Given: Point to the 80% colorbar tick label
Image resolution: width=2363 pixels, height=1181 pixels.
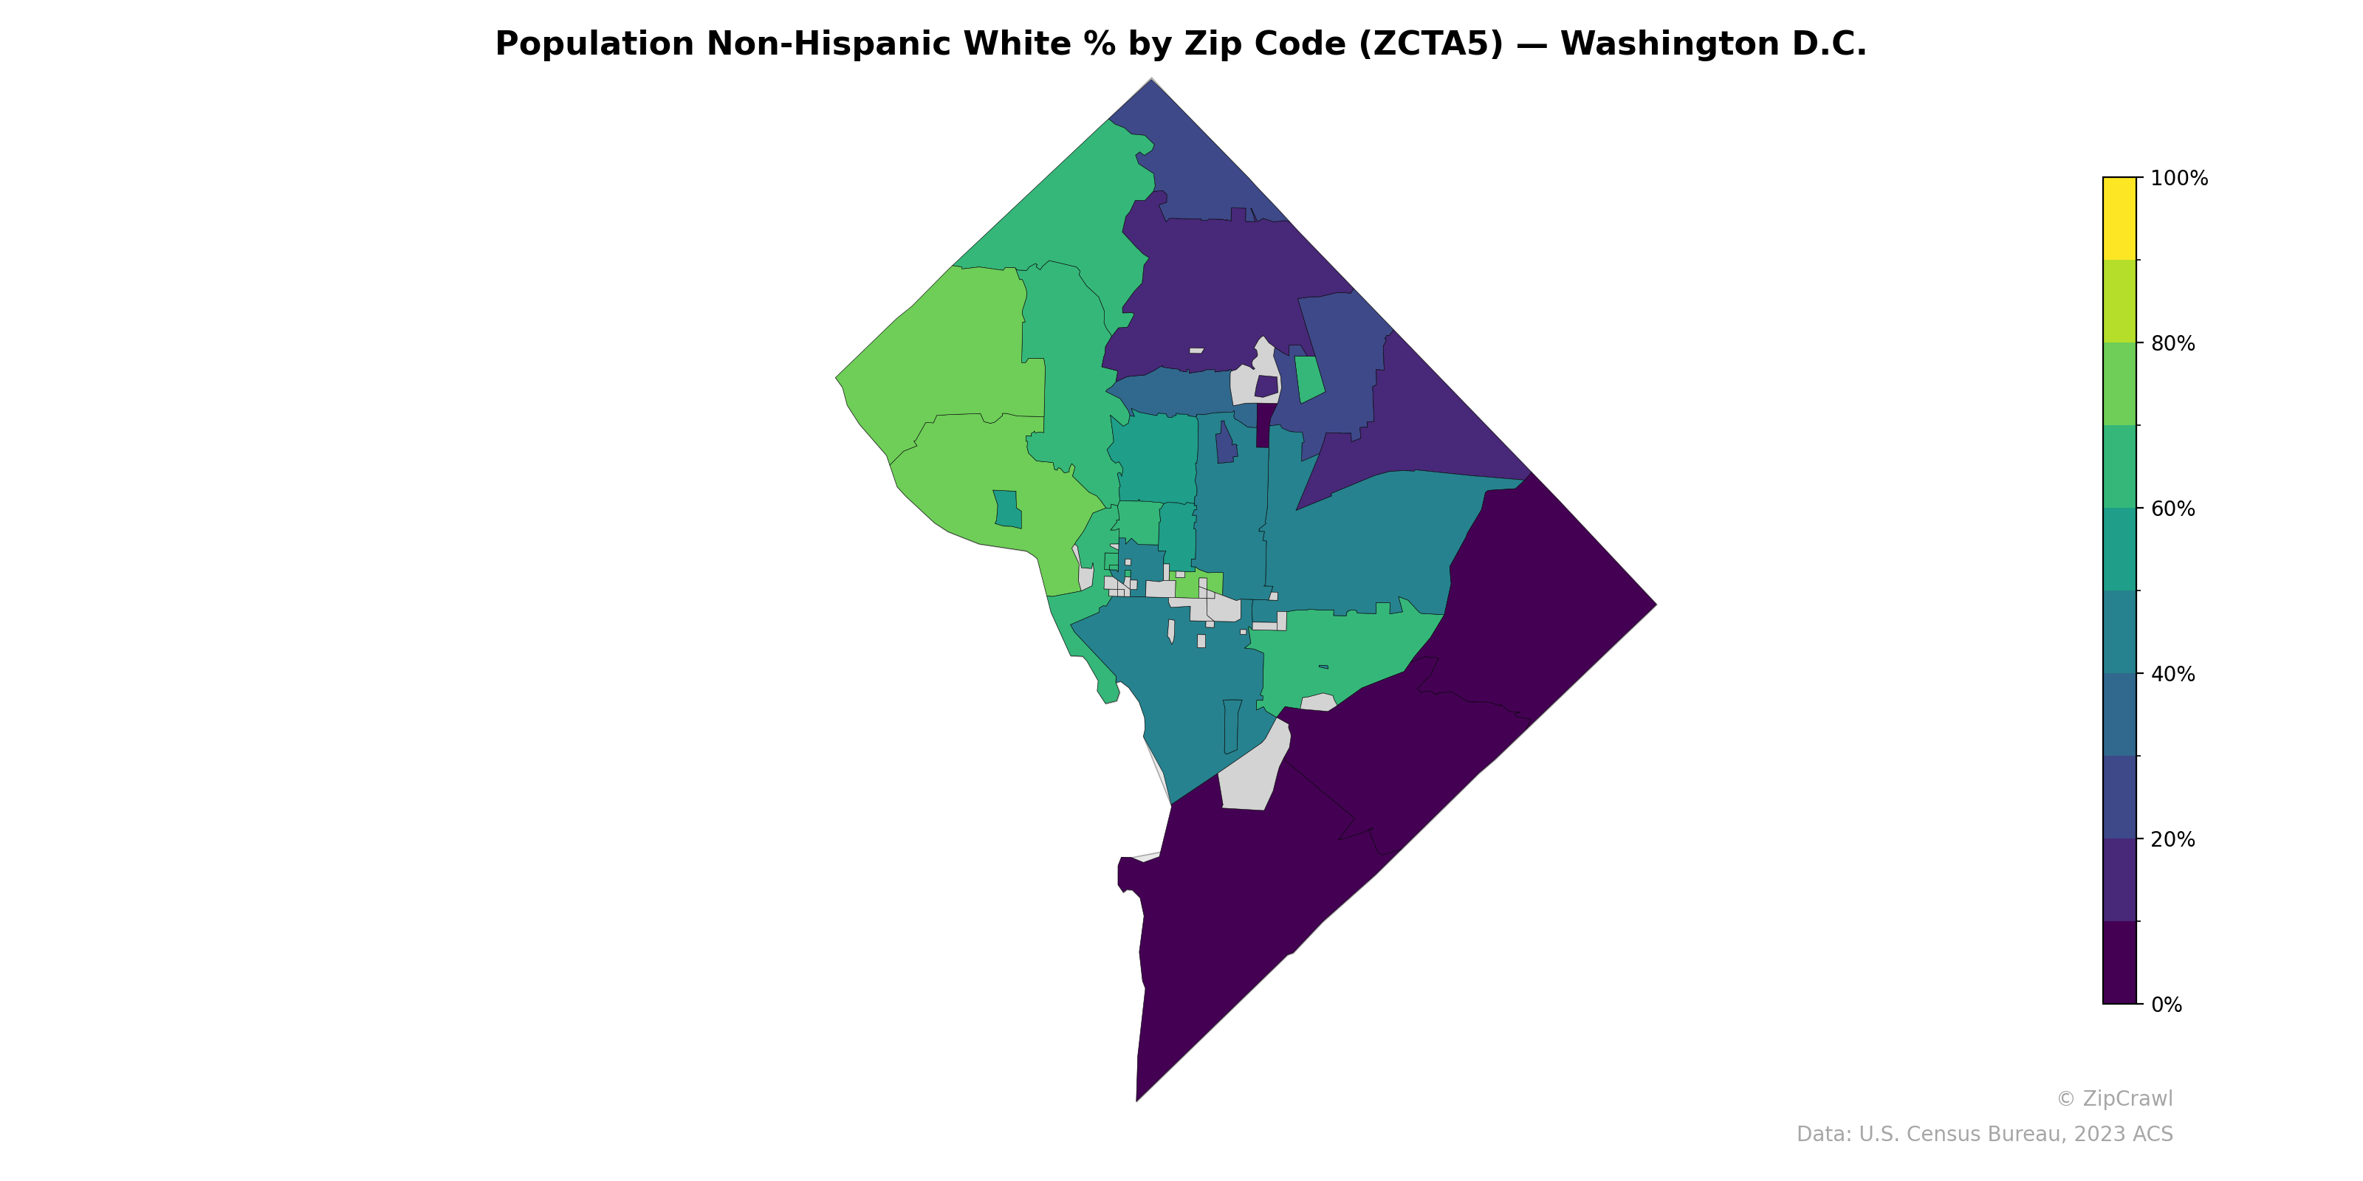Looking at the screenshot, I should pyautogui.click(x=2173, y=344).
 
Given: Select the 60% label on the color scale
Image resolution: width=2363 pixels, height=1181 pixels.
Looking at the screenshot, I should pyautogui.click(x=2173, y=509).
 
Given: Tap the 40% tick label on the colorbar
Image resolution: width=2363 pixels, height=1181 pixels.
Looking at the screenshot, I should pyautogui.click(x=2173, y=674).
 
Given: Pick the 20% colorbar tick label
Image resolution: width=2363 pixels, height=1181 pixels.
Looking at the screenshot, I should pyautogui.click(x=2173, y=839).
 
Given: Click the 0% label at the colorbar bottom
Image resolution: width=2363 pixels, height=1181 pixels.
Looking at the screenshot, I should pyautogui.click(x=2167, y=1005).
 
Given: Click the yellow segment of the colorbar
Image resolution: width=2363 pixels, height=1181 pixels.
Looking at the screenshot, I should pyautogui.click(x=2119, y=218).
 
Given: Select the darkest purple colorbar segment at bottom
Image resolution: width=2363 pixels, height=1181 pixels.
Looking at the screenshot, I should pyautogui.click(x=2119, y=963).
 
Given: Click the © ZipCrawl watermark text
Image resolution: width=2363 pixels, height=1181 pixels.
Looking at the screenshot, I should pyautogui.click(x=2114, y=1098).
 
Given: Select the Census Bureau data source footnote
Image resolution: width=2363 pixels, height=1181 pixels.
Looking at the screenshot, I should pyautogui.click(x=1984, y=1134).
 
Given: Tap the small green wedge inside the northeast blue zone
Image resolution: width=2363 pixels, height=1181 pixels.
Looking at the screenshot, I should pyautogui.click(x=1310, y=379).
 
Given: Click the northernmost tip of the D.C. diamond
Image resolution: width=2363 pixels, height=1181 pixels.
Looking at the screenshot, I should pyautogui.click(x=1151, y=80).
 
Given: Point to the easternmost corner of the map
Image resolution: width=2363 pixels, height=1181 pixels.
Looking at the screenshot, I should pyautogui.click(x=1656, y=605).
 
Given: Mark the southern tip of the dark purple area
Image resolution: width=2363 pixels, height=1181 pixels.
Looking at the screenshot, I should pyautogui.click(x=1136, y=1099).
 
